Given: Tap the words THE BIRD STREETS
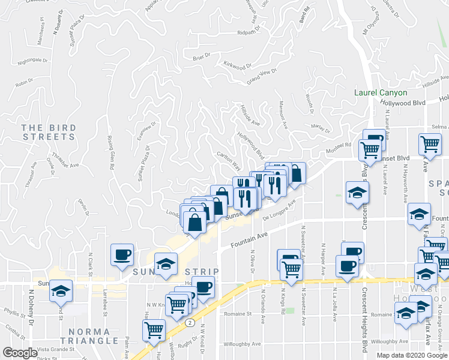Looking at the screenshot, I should (x=49, y=132).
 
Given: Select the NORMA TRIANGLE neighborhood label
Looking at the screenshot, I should (x=89, y=337).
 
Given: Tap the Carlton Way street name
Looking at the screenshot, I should (x=229, y=160).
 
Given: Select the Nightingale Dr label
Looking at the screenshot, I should (x=32, y=61).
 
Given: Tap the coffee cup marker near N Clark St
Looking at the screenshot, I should (x=122, y=254).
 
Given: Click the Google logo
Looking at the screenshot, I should (x=19, y=353).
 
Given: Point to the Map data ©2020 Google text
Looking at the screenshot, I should (x=412, y=355).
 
